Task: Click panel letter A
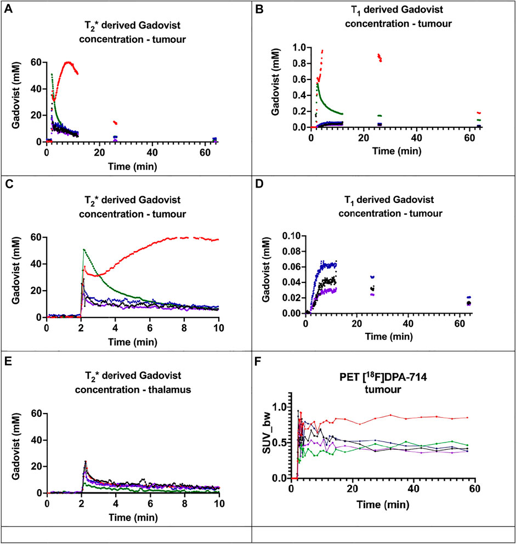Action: click(x=8, y=9)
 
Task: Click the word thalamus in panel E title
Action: click(x=169, y=389)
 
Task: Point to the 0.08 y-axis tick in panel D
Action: click(x=294, y=251)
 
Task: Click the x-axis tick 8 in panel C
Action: click(x=184, y=328)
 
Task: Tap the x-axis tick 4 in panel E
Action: click(x=116, y=503)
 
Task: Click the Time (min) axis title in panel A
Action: click(x=133, y=167)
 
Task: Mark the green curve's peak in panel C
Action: click(x=84, y=249)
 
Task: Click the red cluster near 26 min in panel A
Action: click(x=115, y=122)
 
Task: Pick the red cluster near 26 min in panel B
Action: click(x=379, y=57)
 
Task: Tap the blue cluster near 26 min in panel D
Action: click(x=372, y=277)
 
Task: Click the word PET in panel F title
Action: click(x=349, y=377)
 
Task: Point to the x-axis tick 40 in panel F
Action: click(x=414, y=489)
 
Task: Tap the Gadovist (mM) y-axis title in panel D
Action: click(x=266, y=274)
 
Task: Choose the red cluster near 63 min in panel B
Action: click(x=479, y=113)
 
